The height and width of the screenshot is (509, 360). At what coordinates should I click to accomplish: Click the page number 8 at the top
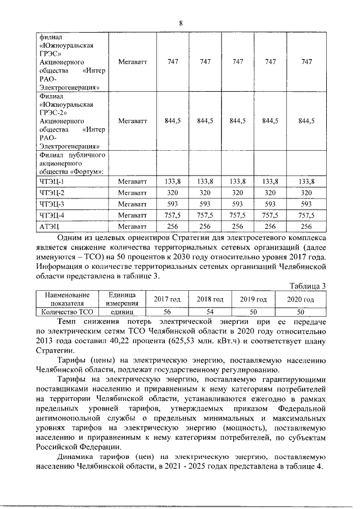click(181, 23)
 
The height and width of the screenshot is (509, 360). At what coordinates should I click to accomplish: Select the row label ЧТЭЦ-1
click(52, 181)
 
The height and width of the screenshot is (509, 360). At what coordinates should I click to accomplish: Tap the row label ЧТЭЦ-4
click(52, 215)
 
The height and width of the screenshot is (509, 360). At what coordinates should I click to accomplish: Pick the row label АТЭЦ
click(49, 226)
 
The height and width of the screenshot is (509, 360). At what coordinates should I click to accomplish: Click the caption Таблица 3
click(308, 286)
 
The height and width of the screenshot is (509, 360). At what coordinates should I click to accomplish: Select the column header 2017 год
click(163, 299)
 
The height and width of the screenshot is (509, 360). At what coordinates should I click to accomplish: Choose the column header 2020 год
click(300, 299)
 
